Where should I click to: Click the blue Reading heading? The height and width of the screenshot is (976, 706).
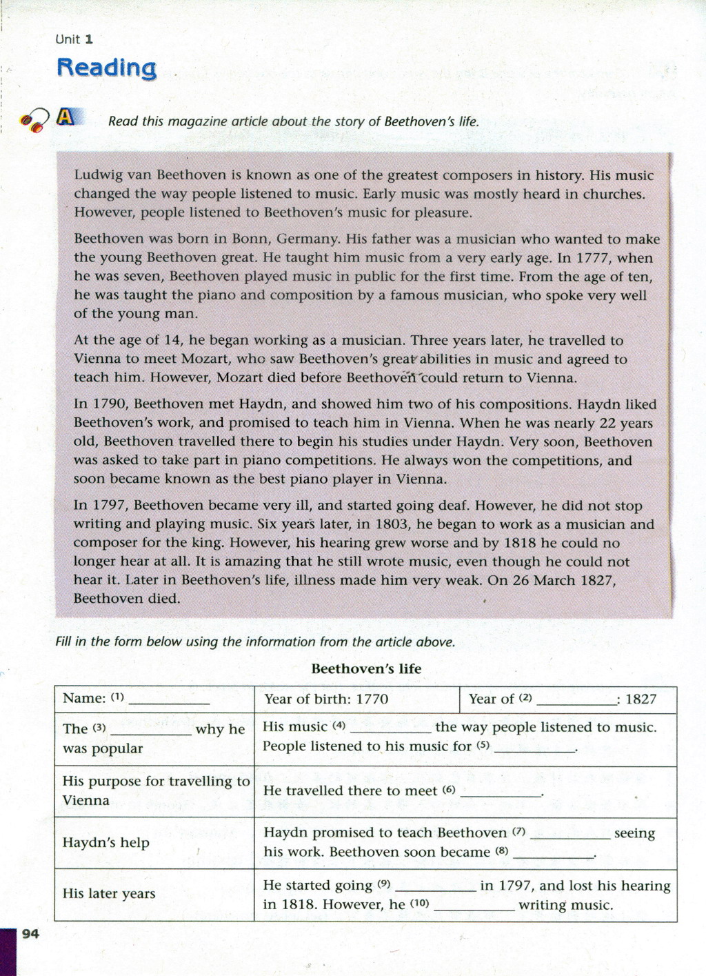(x=107, y=68)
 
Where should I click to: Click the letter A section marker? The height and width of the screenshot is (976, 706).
(x=65, y=117)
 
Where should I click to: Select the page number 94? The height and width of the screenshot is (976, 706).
(x=31, y=934)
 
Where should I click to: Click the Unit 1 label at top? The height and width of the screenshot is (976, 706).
(x=74, y=39)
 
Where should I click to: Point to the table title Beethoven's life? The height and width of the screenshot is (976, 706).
(x=366, y=668)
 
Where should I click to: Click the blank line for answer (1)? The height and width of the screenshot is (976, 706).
(x=169, y=701)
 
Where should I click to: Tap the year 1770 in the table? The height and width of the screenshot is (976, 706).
(x=372, y=699)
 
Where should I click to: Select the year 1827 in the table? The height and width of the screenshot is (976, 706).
(x=641, y=699)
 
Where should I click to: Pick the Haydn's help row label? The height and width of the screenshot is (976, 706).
(x=105, y=842)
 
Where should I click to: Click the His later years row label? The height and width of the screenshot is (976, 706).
(x=108, y=893)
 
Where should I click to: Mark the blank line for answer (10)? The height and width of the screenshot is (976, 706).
(x=474, y=908)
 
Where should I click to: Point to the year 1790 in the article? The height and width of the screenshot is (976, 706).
(x=108, y=404)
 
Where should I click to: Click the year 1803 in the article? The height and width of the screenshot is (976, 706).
(x=393, y=524)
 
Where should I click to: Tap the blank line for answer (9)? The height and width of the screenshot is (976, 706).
(x=435, y=889)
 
